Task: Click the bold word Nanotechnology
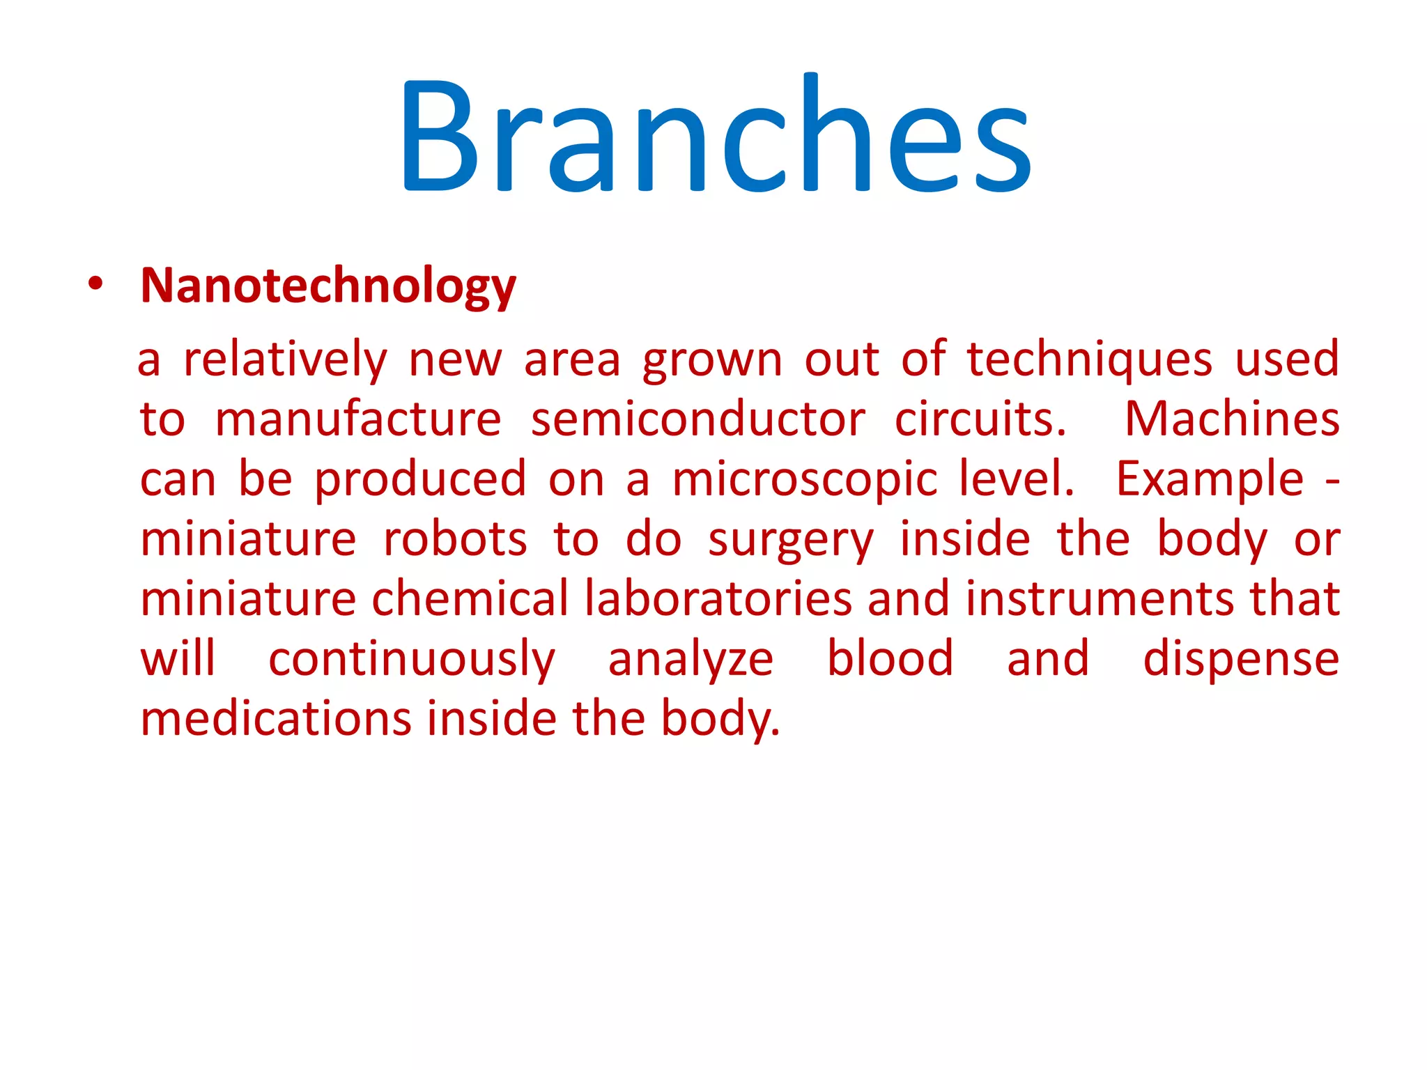point(328,286)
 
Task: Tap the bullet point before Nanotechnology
point(95,284)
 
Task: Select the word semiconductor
point(697,420)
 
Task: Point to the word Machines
point(1232,420)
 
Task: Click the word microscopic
point(805,480)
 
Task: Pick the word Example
point(1210,480)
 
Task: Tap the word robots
point(455,540)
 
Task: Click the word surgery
point(790,541)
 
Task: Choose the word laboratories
point(718,599)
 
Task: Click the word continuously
point(411,660)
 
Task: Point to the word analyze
point(691,660)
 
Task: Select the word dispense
point(1241,660)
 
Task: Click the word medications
point(277,719)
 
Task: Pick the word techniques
point(1090,360)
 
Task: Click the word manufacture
point(358,420)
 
